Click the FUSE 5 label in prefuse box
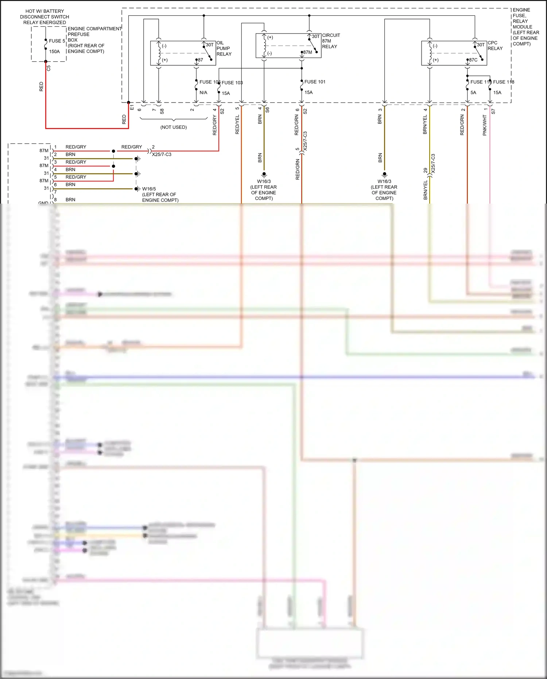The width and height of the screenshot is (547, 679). click(57, 41)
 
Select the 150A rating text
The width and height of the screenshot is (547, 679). click(54, 51)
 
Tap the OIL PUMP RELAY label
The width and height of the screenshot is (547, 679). click(224, 48)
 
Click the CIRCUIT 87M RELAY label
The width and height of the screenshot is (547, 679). click(330, 41)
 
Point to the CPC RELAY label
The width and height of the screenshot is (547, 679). click(495, 46)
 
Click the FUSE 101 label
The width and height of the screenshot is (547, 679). click(315, 82)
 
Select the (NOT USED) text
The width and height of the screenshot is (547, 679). click(174, 127)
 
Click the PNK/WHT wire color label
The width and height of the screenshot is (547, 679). click(485, 125)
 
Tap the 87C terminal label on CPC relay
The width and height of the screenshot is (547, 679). click(473, 60)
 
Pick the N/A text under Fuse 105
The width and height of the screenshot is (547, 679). click(203, 93)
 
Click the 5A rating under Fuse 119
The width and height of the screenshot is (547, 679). click(473, 93)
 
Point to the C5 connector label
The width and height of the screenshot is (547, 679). click(49, 68)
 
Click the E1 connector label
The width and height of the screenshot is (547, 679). click(132, 108)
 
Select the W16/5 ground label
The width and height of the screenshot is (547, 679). click(149, 189)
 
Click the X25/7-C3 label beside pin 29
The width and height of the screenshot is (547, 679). click(433, 163)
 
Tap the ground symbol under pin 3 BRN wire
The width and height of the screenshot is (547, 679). click(384, 174)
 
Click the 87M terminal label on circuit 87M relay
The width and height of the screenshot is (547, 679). click(308, 52)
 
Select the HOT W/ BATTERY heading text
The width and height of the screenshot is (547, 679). click(44, 11)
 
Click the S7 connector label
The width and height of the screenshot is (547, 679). click(493, 111)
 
